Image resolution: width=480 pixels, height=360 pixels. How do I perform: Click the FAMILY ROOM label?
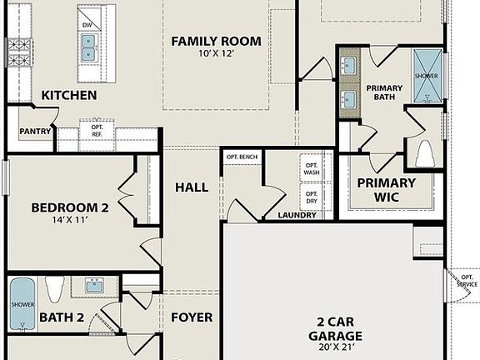click(x=216, y=41)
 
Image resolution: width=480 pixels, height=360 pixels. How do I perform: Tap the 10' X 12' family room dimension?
click(x=216, y=54)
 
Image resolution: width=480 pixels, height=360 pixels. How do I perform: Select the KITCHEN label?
click(x=69, y=96)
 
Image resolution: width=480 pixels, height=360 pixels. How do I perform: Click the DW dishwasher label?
click(x=86, y=25)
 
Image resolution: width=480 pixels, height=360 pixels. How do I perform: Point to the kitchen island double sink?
click(x=87, y=47)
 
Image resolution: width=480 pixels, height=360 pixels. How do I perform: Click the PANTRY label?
click(x=35, y=131)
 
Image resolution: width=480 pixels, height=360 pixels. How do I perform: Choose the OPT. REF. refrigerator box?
click(x=97, y=131)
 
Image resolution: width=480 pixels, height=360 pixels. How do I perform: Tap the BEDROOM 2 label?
click(x=69, y=207)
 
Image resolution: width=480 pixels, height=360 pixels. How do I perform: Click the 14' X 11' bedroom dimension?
click(x=69, y=222)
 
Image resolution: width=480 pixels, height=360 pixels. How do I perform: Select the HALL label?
click(x=192, y=187)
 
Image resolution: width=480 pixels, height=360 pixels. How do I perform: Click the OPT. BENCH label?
click(x=242, y=157)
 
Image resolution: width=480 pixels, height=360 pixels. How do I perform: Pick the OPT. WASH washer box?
click(x=310, y=168)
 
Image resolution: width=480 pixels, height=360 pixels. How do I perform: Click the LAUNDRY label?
click(x=297, y=215)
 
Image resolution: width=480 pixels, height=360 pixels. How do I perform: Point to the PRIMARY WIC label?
click(x=386, y=189)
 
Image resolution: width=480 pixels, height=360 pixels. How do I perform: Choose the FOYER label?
click(x=192, y=317)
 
